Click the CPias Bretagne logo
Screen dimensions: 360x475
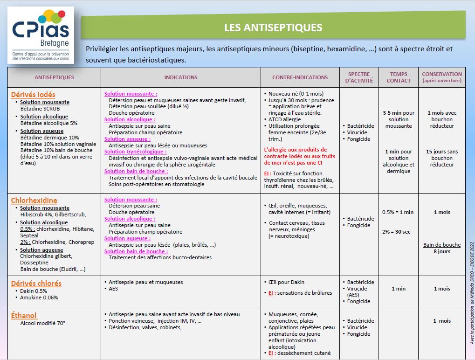click(41, 35)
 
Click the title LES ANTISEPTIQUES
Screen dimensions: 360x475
click(273, 28)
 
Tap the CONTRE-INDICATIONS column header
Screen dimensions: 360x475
click(300, 77)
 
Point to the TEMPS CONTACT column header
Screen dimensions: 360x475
click(399, 77)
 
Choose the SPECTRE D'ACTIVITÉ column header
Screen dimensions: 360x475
click(359, 77)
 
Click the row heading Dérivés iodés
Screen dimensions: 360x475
click(33, 95)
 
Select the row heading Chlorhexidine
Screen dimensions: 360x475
click(34, 201)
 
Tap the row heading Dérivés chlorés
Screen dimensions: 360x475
click(36, 284)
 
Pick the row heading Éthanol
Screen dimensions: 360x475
click(24, 316)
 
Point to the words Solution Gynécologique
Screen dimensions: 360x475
click(135, 152)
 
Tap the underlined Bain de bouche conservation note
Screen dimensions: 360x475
click(441, 245)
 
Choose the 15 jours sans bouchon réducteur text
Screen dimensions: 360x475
click(441, 158)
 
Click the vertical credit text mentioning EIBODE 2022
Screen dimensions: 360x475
click(471, 292)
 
